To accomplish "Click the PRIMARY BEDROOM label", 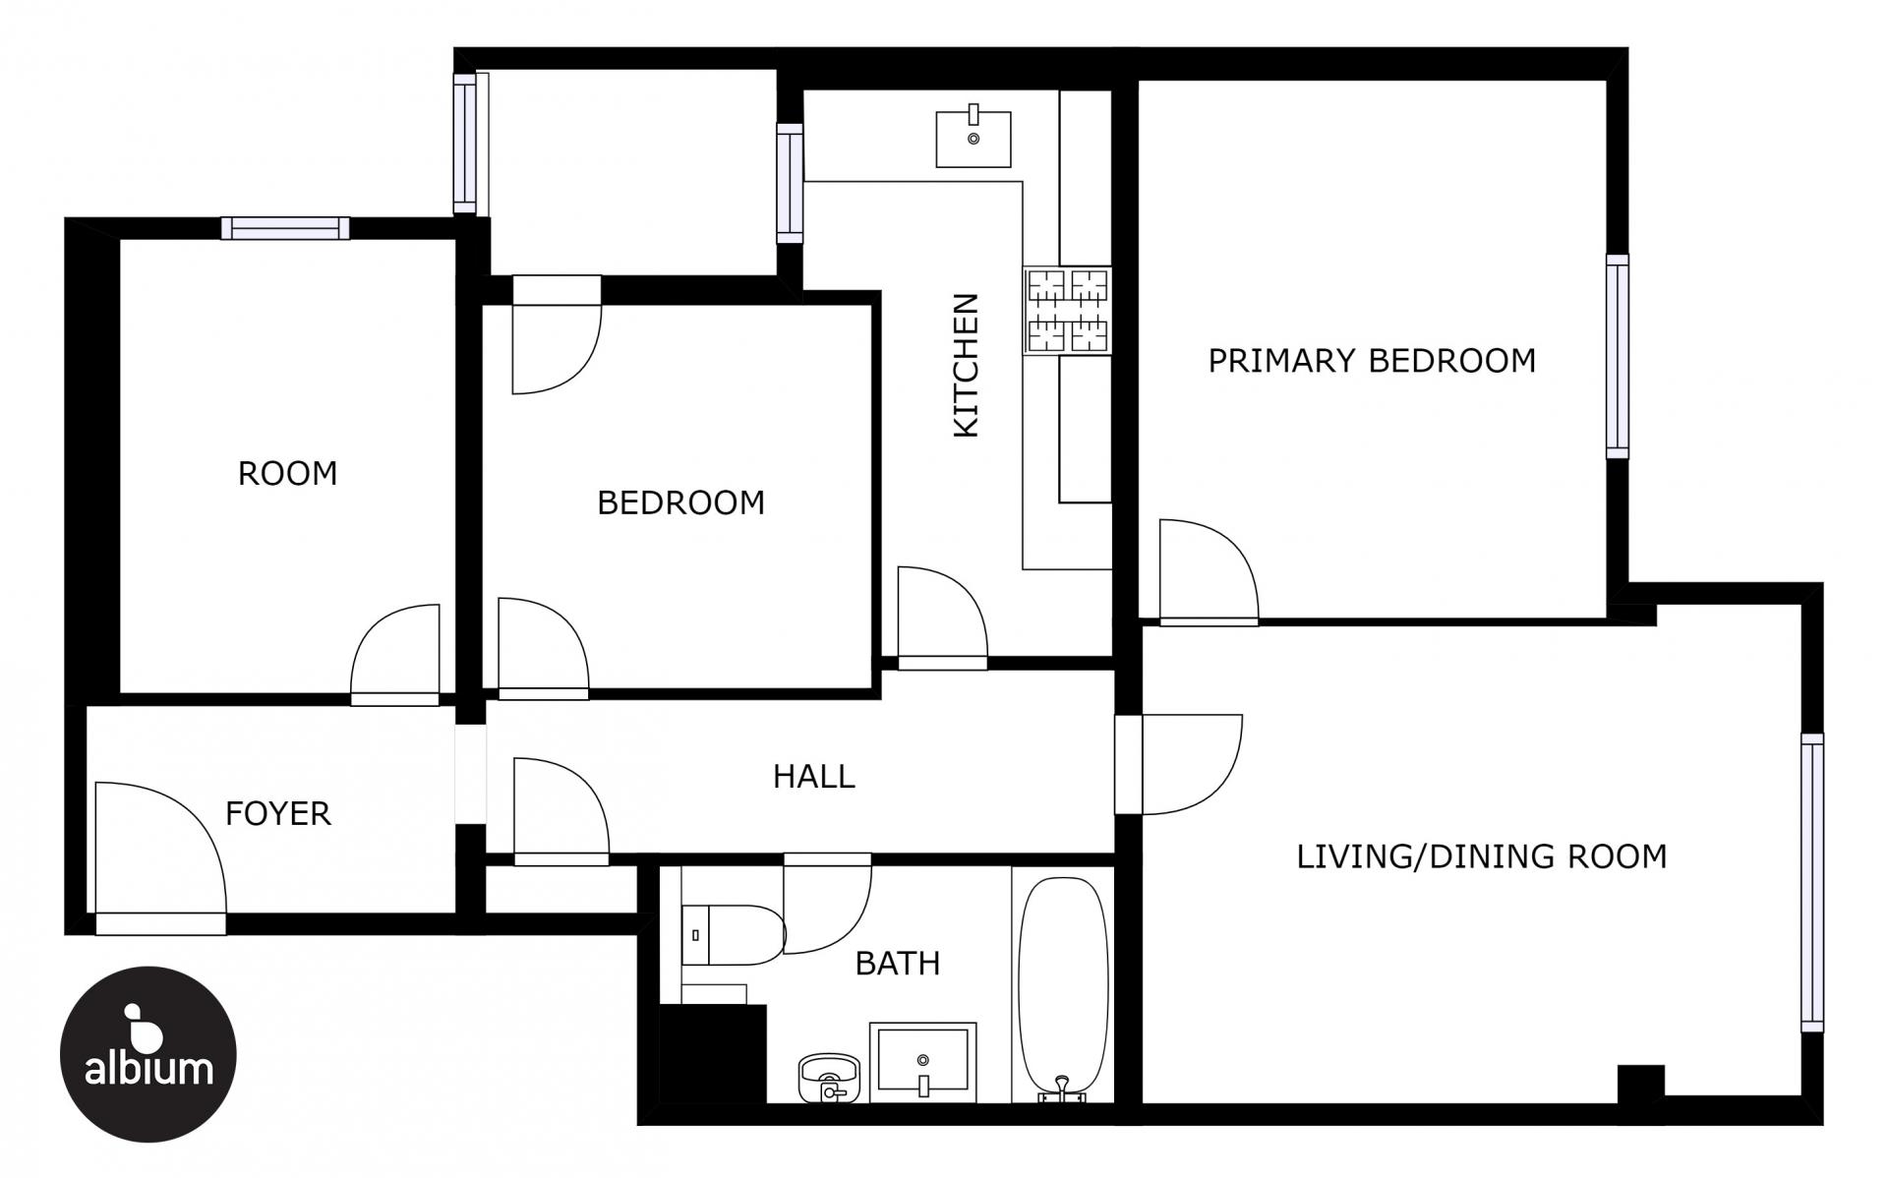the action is coord(1372,361).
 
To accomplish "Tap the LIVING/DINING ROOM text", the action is coord(1482,856).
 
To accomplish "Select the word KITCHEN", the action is coord(967,365).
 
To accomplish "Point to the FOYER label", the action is coord(278,813).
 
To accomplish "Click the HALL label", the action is coord(814,776).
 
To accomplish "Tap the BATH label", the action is coord(898,963).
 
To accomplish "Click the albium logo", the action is coord(148,1054).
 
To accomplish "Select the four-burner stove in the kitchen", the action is coord(1068,311).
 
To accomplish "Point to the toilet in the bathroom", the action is coord(733,935).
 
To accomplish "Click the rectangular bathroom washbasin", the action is coord(922,1061).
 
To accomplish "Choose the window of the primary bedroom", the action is coord(1618,356).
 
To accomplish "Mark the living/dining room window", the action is coord(1812,882).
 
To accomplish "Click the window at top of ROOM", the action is coord(285,228).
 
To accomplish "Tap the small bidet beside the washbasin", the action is coord(829,1079).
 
